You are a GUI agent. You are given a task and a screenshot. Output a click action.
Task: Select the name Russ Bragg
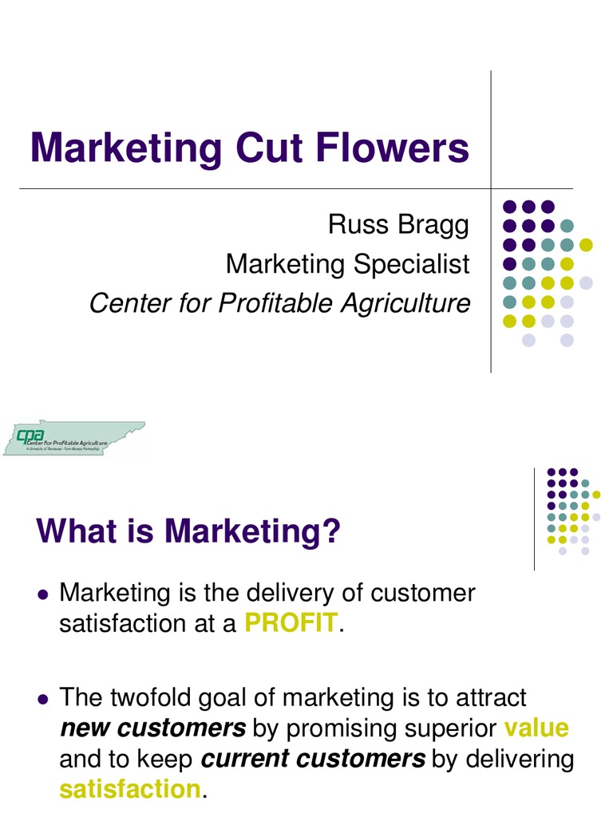point(398,225)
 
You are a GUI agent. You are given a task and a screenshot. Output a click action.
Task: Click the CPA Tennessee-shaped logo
point(73,437)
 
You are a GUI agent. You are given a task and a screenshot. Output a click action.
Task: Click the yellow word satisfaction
point(129,789)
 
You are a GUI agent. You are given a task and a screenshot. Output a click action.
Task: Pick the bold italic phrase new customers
point(152,728)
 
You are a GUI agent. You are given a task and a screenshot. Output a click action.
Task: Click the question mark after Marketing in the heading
point(331,532)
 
